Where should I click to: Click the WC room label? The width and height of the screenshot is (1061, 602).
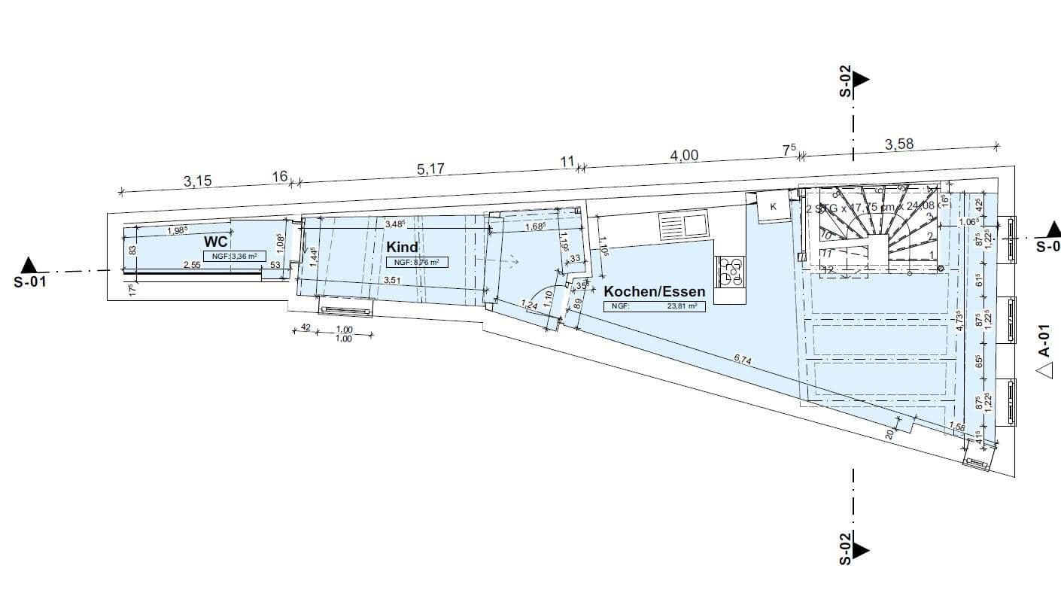[216, 242]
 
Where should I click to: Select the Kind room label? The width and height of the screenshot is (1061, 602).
[402, 247]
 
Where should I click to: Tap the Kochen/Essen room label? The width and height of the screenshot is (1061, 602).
[655, 291]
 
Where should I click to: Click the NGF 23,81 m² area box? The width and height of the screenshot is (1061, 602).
[654, 306]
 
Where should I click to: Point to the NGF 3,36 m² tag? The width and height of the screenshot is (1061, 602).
[235, 256]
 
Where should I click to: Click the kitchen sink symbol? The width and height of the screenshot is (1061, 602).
[683, 223]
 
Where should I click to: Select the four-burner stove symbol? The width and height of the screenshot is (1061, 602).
[729, 272]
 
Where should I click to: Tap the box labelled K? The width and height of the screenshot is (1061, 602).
[772, 207]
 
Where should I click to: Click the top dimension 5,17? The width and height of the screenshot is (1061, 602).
[430, 169]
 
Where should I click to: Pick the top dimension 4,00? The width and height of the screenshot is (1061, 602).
[684, 155]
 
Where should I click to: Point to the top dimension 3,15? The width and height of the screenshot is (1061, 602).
[197, 181]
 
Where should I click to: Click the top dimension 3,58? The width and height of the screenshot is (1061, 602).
[899, 144]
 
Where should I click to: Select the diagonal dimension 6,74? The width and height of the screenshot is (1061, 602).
[742, 360]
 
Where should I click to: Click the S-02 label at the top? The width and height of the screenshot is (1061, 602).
[845, 81]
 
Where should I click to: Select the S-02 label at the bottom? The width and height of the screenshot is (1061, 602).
[845, 549]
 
